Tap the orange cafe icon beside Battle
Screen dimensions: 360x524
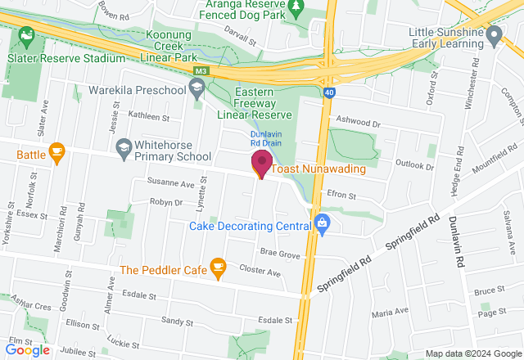(x=56, y=153)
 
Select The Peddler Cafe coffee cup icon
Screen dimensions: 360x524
(x=218, y=267)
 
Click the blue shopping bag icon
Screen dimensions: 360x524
(x=322, y=222)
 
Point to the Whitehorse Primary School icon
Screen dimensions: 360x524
(x=124, y=148)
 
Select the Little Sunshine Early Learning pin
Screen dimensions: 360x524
(x=494, y=36)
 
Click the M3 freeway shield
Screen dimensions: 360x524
(x=201, y=73)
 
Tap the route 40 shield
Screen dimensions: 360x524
(x=327, y=93)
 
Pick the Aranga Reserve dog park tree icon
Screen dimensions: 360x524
(x=298, y=7)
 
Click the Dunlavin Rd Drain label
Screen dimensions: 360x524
(x=267, y=139)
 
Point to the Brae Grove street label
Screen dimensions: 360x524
(x=280, y=254)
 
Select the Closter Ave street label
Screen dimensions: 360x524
(x=260, y=269)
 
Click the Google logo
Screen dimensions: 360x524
(x=27, y=350)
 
